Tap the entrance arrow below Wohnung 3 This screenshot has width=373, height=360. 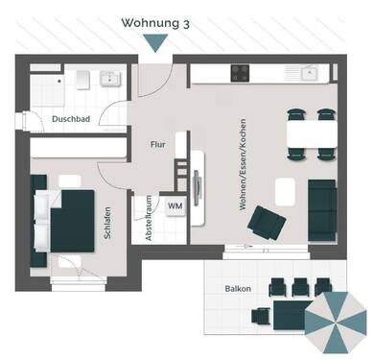(152, 42)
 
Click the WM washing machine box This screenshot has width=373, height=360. (175, 206)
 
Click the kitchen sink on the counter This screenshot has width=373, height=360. (310, 73)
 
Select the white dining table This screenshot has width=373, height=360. (310, 132)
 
